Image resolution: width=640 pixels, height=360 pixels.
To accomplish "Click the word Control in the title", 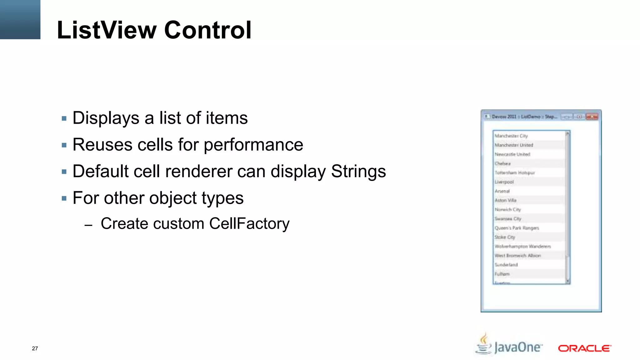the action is [x=207, y=30].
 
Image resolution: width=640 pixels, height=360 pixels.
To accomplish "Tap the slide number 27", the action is [x=35, y=348].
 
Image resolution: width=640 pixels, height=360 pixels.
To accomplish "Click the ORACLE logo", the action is [x=584, y=348].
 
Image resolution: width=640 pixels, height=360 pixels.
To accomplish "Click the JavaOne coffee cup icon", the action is [x=484, y=344].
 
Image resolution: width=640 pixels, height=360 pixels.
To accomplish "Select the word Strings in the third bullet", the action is [x=358, y=171].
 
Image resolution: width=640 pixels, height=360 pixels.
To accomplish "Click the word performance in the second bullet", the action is [x=253, y=145].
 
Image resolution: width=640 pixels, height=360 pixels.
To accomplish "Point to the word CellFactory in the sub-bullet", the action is [x=249, y=224].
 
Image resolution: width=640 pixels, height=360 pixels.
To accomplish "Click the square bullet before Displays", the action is [x=64, y=118].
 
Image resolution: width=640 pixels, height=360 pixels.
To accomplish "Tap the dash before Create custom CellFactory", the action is [x=88, y=225].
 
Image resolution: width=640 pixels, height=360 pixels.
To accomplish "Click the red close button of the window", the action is [x=592, y=117].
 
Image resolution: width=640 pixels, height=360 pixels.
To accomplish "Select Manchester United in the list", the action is [x=514, y=145].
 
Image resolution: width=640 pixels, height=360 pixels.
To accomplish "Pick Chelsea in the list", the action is [x=502, y=163].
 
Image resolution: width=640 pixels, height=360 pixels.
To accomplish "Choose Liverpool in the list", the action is [x=504, y=182].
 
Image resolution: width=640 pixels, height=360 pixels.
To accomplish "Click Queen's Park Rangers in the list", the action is [x=517, y=228].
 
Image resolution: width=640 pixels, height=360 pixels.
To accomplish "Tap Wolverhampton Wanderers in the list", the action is [x=522, y=246].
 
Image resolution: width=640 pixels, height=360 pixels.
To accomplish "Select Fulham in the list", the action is [x=502, y=274].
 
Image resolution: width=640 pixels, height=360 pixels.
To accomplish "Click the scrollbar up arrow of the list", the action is [x=567, y=134].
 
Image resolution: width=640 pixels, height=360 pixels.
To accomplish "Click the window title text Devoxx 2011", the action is [x=504, y=117].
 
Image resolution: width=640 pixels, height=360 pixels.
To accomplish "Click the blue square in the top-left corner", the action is [x=20, y=19].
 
